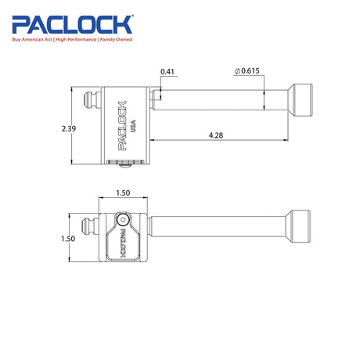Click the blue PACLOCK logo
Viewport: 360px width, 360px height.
click(72, 25)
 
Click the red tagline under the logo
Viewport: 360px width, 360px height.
click(72, 40)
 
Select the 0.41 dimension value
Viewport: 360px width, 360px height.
click(167, 71)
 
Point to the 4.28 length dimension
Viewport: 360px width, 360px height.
click(216, 135)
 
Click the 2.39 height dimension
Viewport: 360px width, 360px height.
click(69, 128)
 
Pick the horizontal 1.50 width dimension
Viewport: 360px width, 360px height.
click(123, 193)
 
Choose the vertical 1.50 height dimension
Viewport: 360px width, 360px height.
click(68, 239)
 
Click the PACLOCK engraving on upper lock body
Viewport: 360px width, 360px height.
click(122, 126)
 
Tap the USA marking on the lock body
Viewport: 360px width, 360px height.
click(133, 126)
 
